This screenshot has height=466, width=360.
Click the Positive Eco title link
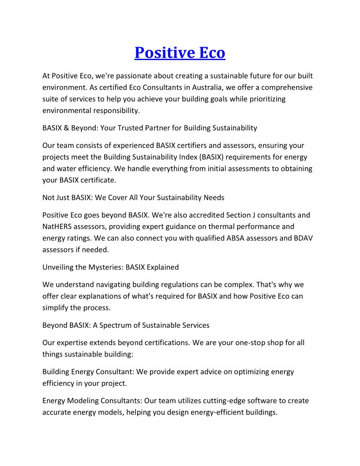(180, 53)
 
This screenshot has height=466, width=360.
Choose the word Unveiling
(58, 267)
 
